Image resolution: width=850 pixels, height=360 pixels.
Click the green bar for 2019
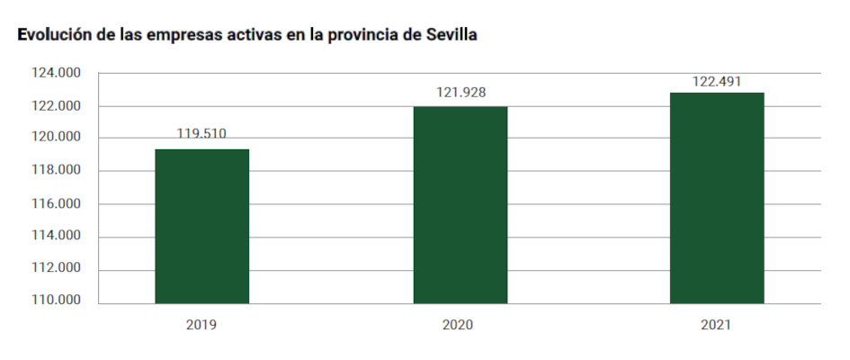pyautogui.click(x=201, y=226)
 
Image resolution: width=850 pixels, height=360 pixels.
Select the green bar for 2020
pyautogui.click(x=460, y=205)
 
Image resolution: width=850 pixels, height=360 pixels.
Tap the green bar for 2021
pyautogui.click(x=717, y=198)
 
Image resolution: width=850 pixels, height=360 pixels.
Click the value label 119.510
pyautogui.click(x=201, y=134)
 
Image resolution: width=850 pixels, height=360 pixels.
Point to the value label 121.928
pyautogui.click(x=460, y=93)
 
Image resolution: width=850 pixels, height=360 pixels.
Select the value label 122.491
pyautogui.click(x=716, y=81)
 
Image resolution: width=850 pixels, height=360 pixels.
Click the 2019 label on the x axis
pyautogui.click(x=201, y=323)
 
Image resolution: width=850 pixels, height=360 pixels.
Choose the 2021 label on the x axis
pyautogui.click(x=716, y=323)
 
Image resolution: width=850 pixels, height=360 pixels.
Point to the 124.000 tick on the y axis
pyautogui.click(x=56, y=73)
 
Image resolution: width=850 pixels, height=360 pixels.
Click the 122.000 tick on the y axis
pyautogui.click(x=56, y=106)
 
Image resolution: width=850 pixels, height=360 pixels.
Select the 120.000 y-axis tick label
pyautogui.click(x=56, y=138)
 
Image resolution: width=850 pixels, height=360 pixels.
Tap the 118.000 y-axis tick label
pyautogui.click(x=56, y=171)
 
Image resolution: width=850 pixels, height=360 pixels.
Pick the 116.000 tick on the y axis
pyautogui.click(x=56, y=203)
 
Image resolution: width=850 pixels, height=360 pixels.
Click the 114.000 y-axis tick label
pyautogui.click(x=56, y=237)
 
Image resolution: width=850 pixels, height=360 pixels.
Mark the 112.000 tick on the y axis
pyautogui.click(x=56, y=269)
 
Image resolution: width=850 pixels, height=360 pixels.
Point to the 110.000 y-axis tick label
pyautogui.click(x=56, y=300)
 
